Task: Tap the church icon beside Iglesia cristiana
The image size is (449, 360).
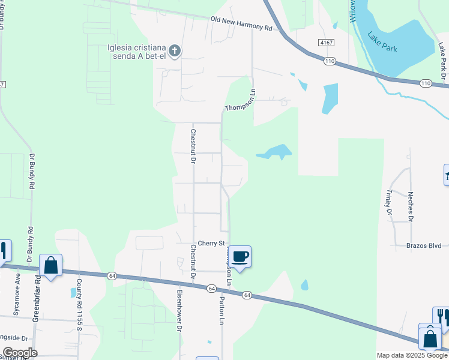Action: tap(175, 51)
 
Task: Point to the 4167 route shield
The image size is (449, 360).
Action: tap(327, 43)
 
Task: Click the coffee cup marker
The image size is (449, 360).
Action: tap(240, 257)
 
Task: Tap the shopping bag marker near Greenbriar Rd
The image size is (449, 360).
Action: tap(51, 265)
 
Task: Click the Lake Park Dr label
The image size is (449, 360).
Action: tap(442, 61)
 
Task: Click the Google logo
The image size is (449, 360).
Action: tap(20, 353)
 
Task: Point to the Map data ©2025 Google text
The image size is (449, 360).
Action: tap(412, 355)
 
